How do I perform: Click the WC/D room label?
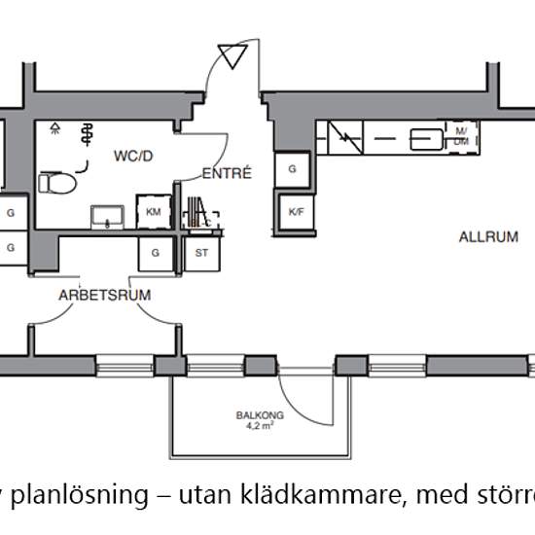point(132,155)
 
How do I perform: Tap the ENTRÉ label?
point(227,174)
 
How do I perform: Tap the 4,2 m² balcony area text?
point(254,425)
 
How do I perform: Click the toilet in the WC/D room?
point(59,182)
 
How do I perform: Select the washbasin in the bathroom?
point(106,216)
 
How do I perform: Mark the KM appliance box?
point(153,212)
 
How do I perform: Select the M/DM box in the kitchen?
point(460,137)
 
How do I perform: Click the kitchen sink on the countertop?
point(424,139)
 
